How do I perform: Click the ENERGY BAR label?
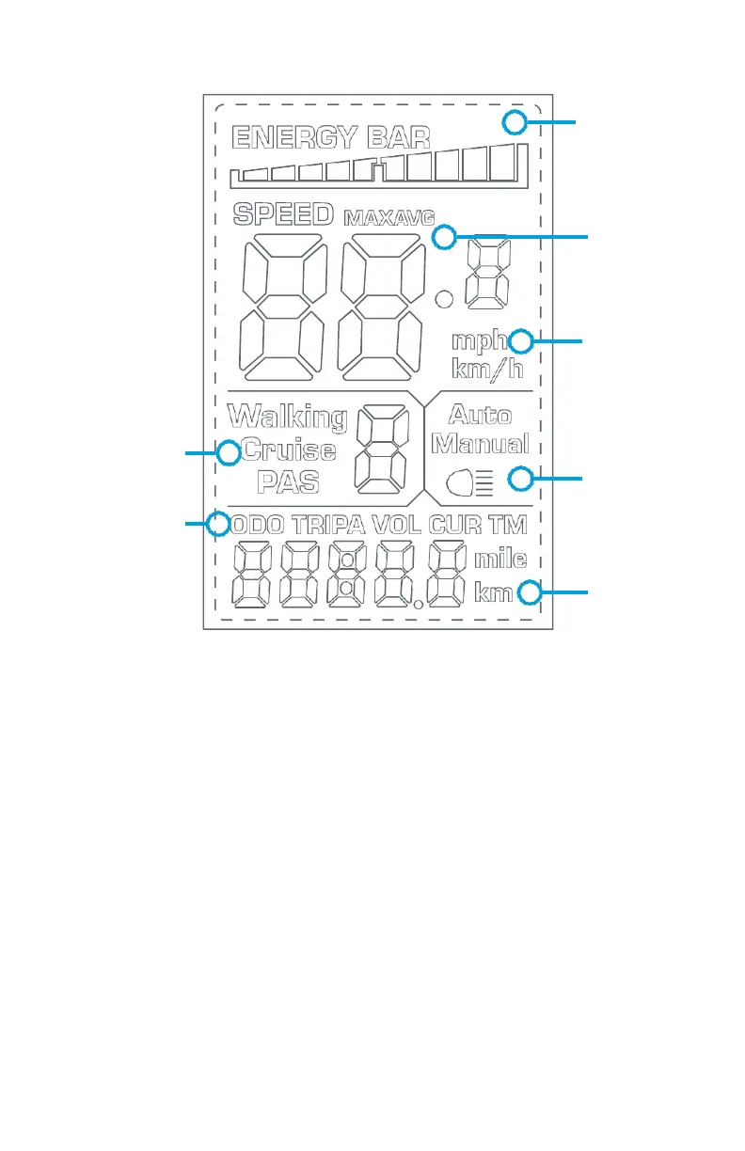(x=330, y=139)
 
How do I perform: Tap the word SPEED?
(x=283, y=214)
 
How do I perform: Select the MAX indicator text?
(x=367, y=217)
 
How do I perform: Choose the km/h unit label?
(x=487, y=368)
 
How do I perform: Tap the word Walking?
(x=288, y=416)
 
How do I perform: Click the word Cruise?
(x=288, y=450)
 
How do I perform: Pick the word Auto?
(x=480, y=415)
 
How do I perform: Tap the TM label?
(x=508, y=525)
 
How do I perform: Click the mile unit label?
(x=499, y=561)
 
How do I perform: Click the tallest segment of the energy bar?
(x=506, y=163)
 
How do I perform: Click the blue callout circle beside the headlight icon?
(x=520, y=480)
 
